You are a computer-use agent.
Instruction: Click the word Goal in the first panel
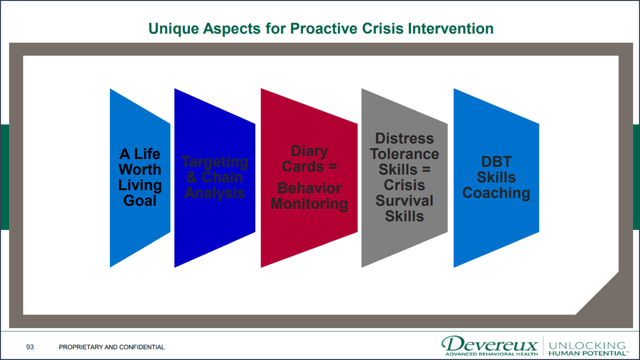[140, 201]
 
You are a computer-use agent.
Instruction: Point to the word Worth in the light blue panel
[140, 169]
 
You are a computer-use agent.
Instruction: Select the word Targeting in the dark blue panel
[214, 161]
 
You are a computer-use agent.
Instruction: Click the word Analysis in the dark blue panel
[214, 193]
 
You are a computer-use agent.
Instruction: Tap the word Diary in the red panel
[309, 151]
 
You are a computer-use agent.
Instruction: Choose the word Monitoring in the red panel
[309, 204]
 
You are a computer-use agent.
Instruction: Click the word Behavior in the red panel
[309, 188]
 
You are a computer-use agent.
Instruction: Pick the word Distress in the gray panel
[404, 138]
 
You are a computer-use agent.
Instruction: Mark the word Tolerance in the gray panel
[404, 154]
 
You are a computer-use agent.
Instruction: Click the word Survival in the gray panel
[404, 200]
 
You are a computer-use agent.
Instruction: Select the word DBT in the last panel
[496, 161]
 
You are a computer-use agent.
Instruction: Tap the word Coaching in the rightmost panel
[496, 193]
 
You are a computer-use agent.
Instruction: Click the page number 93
[30, 347]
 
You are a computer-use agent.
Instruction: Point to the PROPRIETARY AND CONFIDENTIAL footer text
[111, 347]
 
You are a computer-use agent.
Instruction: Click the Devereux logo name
[489, 344]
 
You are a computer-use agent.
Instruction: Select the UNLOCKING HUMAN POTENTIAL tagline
[587, 348]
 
